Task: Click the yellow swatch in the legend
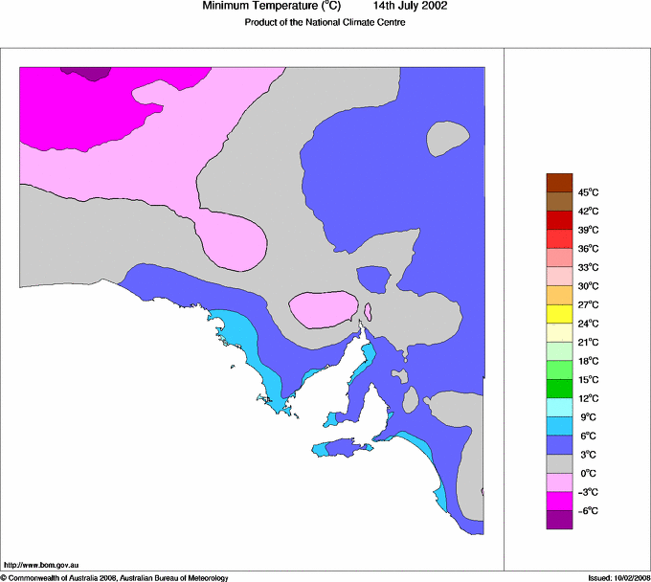pos(559,314)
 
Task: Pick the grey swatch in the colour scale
pos(559,463)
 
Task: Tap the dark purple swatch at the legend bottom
pos(559,520)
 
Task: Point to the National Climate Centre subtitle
pos(325,23)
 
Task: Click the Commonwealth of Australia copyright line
pos(115,577)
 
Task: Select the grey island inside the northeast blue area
pos(447,140)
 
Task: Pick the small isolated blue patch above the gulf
pos(373,280)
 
